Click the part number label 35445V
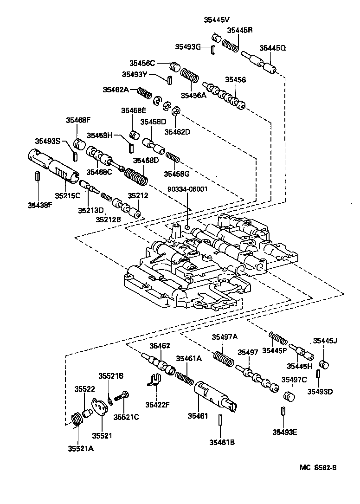pyautogui.click(x=217, y=19)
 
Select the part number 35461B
pyautogui.click(x=221, y=442)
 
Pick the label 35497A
pyautogui.click(x=225, y=337)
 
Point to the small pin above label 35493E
pyautogui.click(x=283, y=412)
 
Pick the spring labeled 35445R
pyautogui.click(x=230, y=45)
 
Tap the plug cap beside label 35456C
pyautogui.click(x=174, y=66)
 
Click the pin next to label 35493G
pyautogui.click(x=212, y=50)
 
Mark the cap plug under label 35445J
pyautogui.click(x=325, y=363)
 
